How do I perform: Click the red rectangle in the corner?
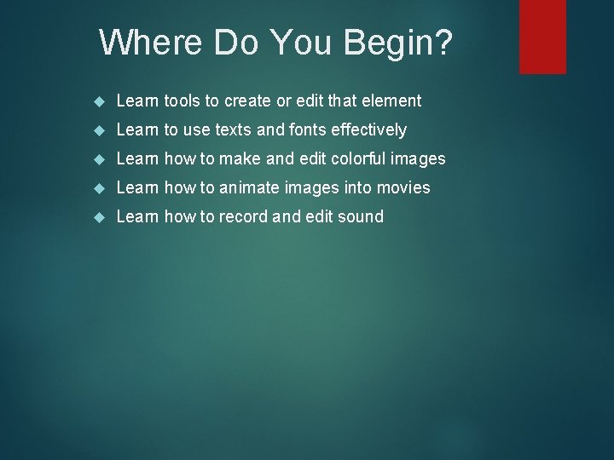tap(542, 36)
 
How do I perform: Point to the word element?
tap(391, 101)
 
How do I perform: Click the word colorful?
tap(355, 159)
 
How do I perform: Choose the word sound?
tap(360, 216)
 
